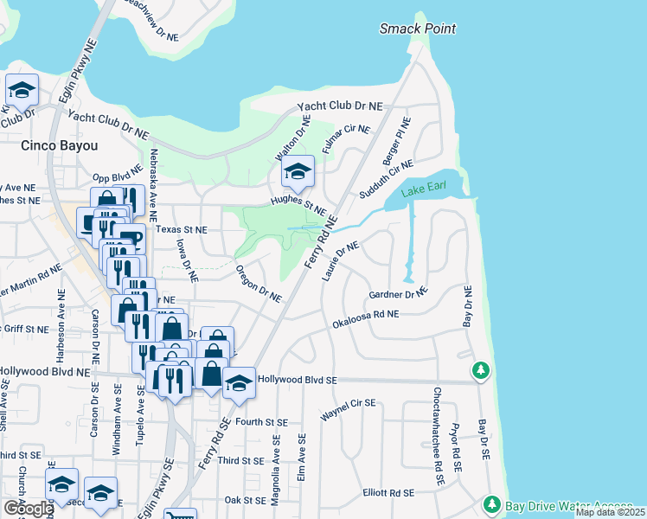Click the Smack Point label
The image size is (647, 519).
(x=418, y=29)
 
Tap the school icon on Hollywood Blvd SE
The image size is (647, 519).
(x=239, y=383)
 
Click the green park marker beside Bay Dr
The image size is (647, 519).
(x=480, y=371)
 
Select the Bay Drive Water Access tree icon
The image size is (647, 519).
(x=491, y=503)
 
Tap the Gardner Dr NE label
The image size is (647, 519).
(x=399, y=294)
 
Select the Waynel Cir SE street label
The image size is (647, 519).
(x=348, y=410)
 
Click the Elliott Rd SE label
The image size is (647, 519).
(x=389, y=492)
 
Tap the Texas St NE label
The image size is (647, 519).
(x=183, y=230)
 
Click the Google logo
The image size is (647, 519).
(x=28, y=508)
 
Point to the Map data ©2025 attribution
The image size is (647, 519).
(x=610, y=512)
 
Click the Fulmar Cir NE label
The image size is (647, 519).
(x=346, y=140)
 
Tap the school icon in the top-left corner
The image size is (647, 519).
(x=22, y=89)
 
